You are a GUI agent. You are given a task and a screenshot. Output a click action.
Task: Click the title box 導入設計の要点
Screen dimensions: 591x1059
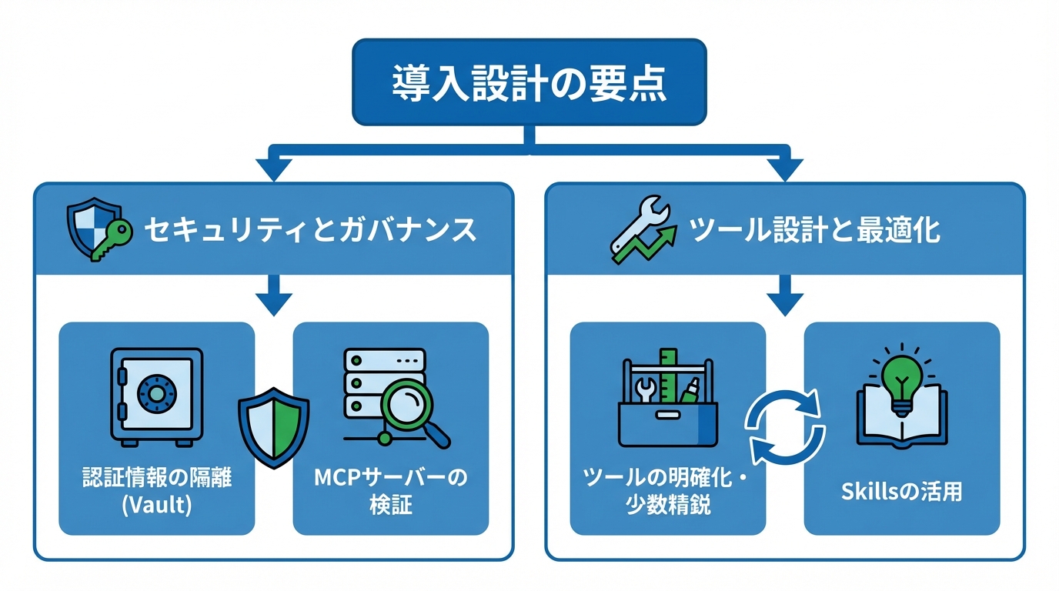tap(529, 82)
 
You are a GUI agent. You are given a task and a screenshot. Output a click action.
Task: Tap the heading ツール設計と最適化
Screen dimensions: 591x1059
tap(815, 230)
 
